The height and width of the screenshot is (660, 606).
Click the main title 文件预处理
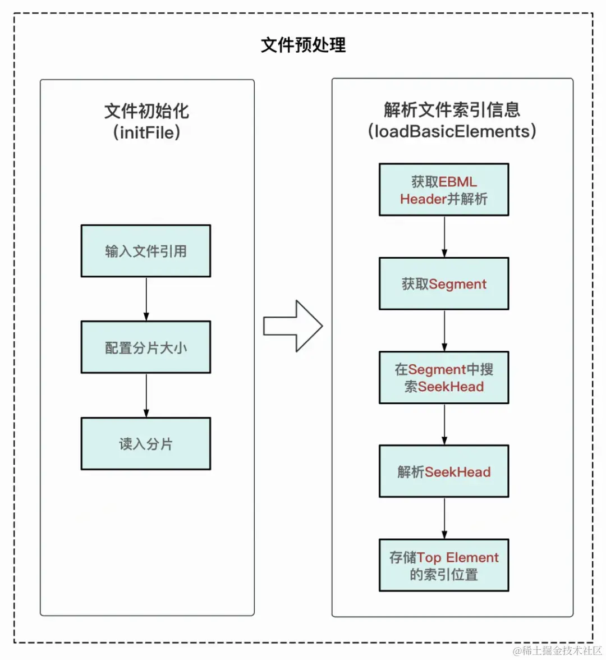pyautogui.click(x=303, y=45)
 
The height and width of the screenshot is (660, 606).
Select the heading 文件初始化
pyautogui.click(x=146, y=111)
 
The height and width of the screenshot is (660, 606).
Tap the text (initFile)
pyautogui.click(x=146, y=132)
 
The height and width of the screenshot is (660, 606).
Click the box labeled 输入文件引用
pyautogui.click(x=146, y=251)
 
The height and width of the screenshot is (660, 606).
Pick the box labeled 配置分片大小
pyautogui.click(x=146, y=347)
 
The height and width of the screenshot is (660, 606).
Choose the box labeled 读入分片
pyautogui.click(x=146, y=443)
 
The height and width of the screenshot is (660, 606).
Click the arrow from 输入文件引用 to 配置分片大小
pyautogui.click(x=146, y=299)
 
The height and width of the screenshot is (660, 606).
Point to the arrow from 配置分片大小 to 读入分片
pyautogui.click(x=146, y=395)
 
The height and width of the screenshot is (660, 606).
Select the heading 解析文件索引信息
pyautogui.click(x=452, y=109)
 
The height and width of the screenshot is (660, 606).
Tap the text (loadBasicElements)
pyautogui.click(x=452, y=131)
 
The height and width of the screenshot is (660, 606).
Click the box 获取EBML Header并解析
pyautogui.click(x=444, y=190)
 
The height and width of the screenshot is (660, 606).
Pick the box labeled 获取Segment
pyautogui.click(x=444, y=284)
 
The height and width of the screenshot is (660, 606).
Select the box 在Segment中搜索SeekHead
pyautogui.click(x=444, y=378)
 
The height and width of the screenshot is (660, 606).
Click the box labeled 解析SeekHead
pyautogui.click(x=444, y=471)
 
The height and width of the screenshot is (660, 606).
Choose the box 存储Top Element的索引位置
pyautogui.click(x=444, y=565)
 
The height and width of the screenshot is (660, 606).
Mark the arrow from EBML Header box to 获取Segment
pyautogui.click(x=444, y=236)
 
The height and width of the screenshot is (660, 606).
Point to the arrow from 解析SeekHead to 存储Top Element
pyautogui.click(x=444, y=518)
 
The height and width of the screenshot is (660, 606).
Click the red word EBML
pyautogui.click(x=458, y=182)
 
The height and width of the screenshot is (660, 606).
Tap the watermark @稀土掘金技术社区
pyautogui.click(x=557, y=650)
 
